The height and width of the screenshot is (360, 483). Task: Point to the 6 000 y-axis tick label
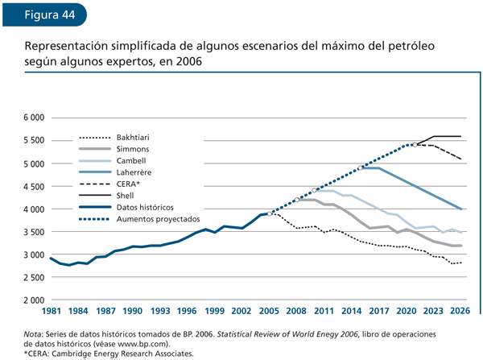32,118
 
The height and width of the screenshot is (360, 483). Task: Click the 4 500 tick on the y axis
32,186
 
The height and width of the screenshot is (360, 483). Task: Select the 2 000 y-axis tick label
32,300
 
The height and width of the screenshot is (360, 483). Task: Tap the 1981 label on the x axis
51,311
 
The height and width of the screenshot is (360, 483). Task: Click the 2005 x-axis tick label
269,311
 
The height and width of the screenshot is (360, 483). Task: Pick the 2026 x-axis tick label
460,311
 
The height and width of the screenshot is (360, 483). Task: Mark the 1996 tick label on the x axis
187,311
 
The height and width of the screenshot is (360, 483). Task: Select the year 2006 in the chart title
185,61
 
